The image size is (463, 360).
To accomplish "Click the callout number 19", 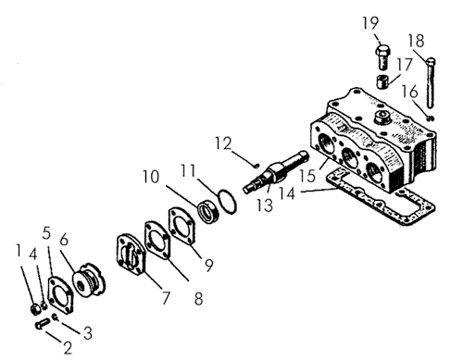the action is click(x=370, y=23).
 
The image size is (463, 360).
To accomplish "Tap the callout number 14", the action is click(x=287, y=193).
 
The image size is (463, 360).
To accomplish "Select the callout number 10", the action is click(x=151, y=177).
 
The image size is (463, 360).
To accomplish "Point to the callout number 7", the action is click(x=166, y=298).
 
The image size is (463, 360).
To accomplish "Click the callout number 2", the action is click(x=68, y=347).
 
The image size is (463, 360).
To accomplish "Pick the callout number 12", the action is click(x=223, y=143).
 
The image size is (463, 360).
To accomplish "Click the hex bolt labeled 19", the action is click(x=383, y=57).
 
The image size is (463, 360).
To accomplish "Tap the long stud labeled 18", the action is click(x=431, y=82).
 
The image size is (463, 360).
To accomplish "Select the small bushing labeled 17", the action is click(x=383, y=81).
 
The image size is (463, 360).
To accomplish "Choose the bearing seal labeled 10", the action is click(x=208, y=211).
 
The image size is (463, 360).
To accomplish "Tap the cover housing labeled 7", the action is click(x=131, y=254).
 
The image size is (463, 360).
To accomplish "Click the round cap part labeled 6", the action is click(x=89, y=280).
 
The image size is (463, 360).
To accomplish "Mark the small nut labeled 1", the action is click(x=36, y=309).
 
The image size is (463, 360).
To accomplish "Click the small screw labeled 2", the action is click(x=43, y=324).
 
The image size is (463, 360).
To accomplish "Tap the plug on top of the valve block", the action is click(x=382, y=118).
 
